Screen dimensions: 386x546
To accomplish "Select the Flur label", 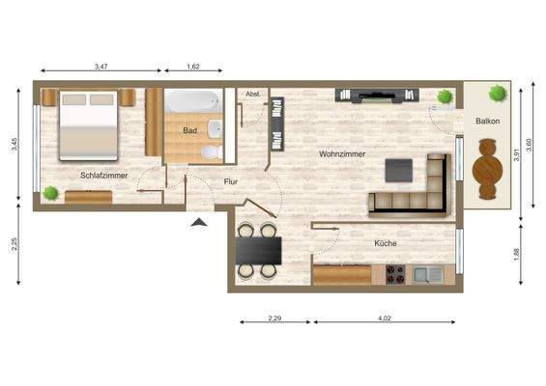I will (231, 180).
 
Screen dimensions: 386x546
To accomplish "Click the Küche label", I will (386, 244).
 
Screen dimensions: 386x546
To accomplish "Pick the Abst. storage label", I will (254, 94).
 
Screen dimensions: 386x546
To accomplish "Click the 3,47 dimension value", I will (101, 67).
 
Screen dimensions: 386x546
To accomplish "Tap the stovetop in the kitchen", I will (393, 273).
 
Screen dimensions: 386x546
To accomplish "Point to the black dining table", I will (259, 251).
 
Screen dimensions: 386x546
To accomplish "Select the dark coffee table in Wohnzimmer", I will (399, 170).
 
